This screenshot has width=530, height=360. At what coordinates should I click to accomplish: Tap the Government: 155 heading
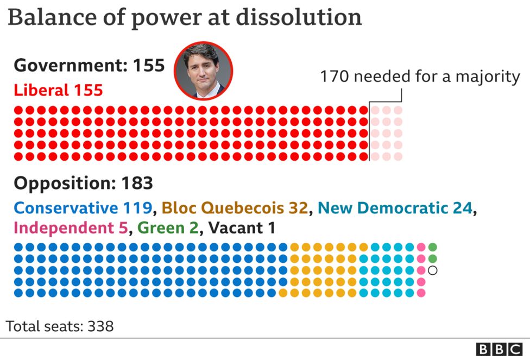89,66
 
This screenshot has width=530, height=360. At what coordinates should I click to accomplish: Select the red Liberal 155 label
58,90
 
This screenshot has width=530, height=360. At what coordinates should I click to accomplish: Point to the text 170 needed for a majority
420,77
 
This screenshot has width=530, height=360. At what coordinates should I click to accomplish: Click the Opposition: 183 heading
83,184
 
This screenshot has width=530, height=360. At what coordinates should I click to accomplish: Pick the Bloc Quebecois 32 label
235,208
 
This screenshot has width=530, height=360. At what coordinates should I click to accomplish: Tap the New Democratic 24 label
395,208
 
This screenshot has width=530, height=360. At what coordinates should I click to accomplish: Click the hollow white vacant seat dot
433,270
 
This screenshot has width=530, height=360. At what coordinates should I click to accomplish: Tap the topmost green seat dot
433,247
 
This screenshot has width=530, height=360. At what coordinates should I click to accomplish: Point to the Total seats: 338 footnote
60,326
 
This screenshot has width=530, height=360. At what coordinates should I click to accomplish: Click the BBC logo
499,349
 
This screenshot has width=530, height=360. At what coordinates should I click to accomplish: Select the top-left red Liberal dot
18,110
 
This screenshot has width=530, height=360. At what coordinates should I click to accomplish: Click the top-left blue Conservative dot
18,247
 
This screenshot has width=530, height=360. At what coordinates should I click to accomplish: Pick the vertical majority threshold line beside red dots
369,133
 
